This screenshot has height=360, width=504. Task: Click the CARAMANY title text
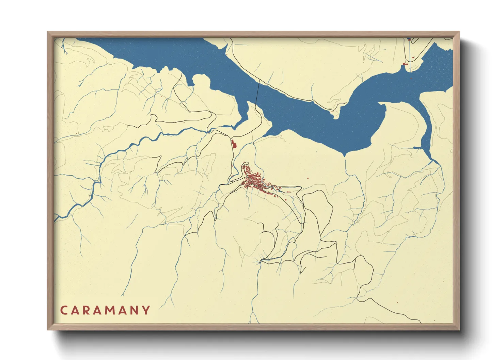105,310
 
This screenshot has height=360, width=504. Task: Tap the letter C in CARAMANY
64,310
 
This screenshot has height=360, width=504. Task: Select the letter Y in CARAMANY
146,310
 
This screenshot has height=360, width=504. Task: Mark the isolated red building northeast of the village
308,178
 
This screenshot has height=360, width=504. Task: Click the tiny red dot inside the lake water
411,78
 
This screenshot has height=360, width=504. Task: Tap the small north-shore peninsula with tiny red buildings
335,113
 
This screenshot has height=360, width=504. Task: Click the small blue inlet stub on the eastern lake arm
417,148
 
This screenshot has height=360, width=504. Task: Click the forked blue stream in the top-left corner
64,46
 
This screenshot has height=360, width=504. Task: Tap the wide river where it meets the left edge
57,218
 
